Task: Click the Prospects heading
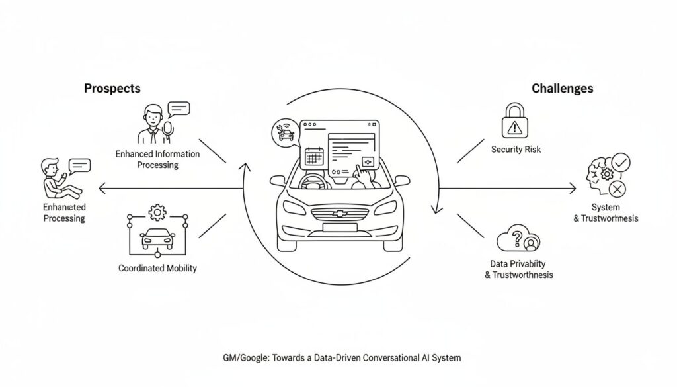point(112,88)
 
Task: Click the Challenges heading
point(562,88)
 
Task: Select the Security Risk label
point(516,150)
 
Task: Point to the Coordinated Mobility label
point(157,269)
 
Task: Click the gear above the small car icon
point(157,212)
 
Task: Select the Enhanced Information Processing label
point(157,159)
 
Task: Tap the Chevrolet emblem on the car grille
point(339,214)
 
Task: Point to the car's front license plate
point(338,227)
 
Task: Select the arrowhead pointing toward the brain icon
point(573,190)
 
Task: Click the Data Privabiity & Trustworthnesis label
point(518,269)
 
